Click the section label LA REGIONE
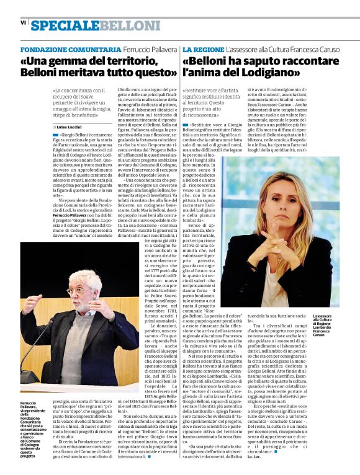(202, 49)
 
